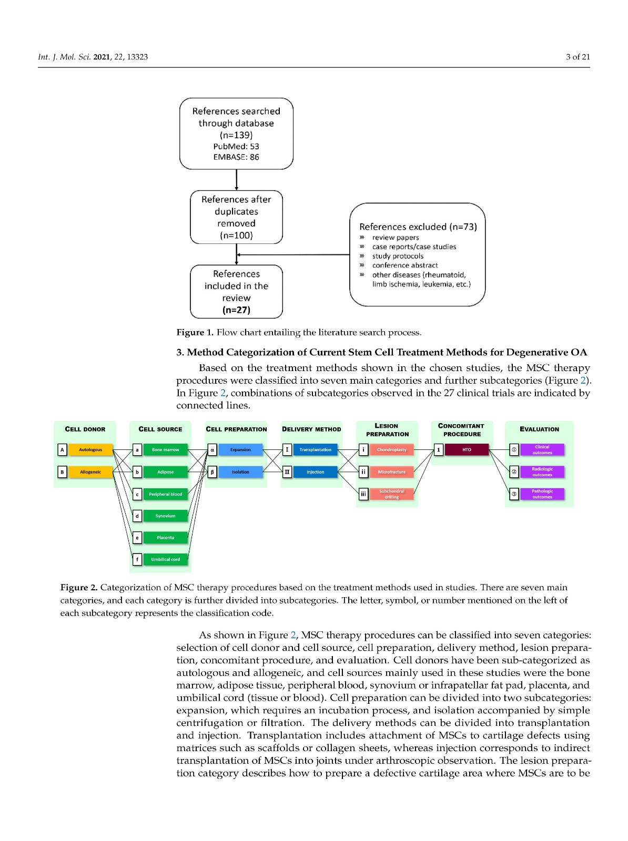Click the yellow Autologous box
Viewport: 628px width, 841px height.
(x=90, y=450)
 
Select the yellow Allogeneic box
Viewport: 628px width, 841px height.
(x=90, y=472)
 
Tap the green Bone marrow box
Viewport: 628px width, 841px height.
(x=165, y=450)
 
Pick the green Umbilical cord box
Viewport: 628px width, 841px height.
(x=165, y=559)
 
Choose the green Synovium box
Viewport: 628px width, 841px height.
(x=165, y=516)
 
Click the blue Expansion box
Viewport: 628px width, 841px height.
(x=240, y=450)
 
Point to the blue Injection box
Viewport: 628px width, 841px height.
(x=315, y=472)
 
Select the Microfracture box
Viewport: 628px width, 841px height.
(x=391, y=472)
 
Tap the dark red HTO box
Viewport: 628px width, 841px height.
(x=467, y=450)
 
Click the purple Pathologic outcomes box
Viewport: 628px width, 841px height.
(x=542, y=494)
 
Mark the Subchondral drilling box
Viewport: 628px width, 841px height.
(x=391, y=494)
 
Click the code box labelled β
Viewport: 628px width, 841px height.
(x=212, y=472)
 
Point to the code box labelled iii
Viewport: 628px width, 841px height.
(x=363, y=494)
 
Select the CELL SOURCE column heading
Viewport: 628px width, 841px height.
(x=160, y=429)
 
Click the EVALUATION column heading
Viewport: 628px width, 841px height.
(x=539, y=429)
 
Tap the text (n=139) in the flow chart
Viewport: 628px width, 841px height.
(x=236, y=135)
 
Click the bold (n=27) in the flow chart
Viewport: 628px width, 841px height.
(x=236, y=310)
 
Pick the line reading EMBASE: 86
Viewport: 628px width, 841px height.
(x=236, y=157)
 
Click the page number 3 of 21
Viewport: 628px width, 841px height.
(x=578, y=57)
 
